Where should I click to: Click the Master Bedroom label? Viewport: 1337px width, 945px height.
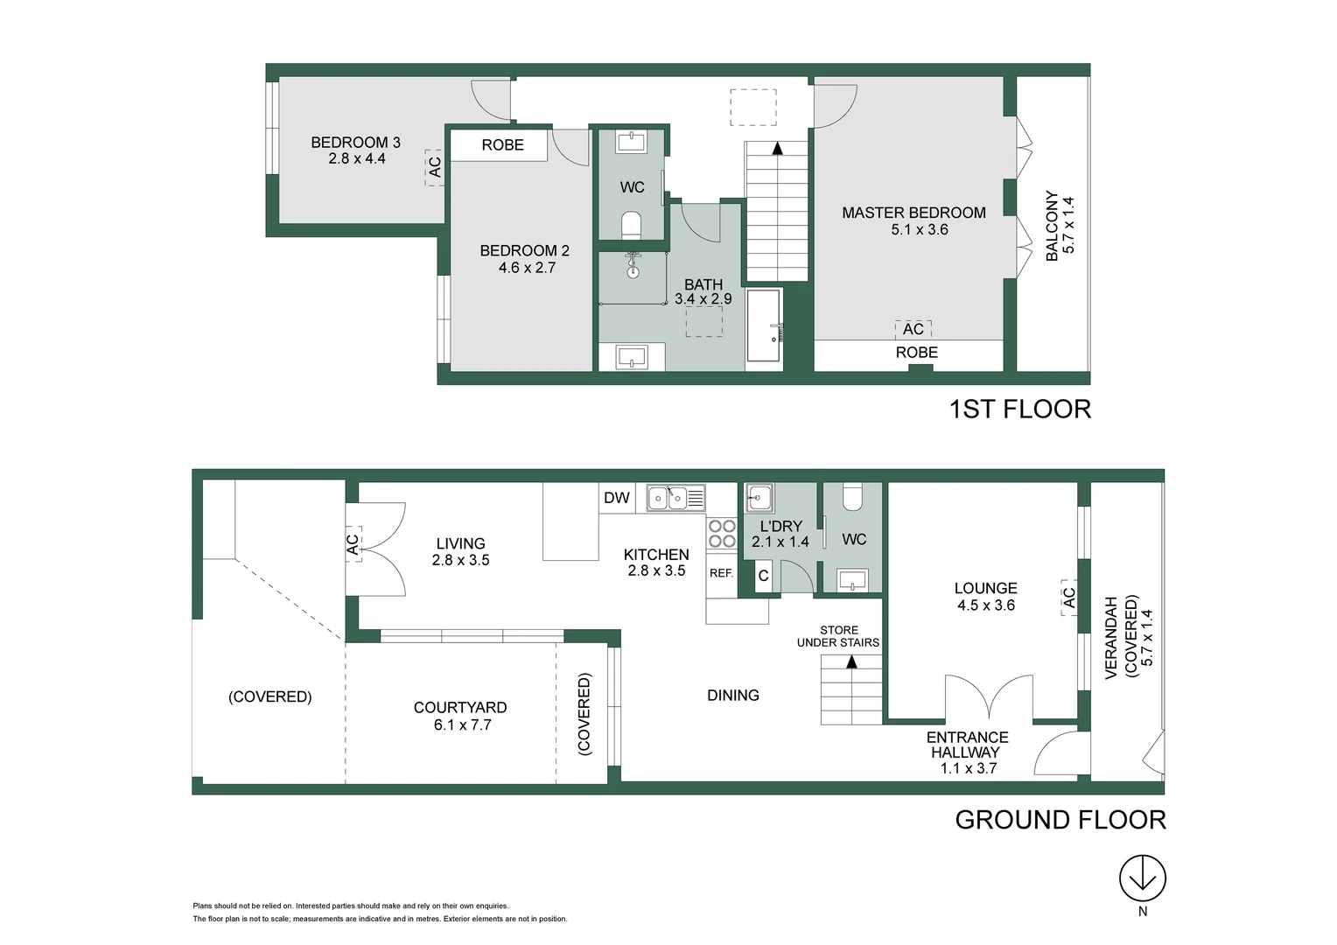point(913,213)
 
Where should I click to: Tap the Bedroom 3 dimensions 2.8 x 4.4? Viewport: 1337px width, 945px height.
point(357,158)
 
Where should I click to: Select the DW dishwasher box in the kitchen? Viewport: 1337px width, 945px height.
point(617,498)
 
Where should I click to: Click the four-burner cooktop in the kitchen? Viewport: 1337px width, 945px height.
point(722,534)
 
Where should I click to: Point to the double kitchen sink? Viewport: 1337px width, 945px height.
point(675,498)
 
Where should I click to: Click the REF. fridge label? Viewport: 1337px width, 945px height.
point(721,573)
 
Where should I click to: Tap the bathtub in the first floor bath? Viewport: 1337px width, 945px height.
point(764,325)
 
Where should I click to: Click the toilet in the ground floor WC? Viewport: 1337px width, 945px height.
point(851,497)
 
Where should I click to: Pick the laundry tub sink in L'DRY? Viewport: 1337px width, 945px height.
point(759,498)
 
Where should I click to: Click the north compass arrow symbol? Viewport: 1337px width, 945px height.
point(1143,877)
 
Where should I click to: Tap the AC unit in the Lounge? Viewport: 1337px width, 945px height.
point(1068,598)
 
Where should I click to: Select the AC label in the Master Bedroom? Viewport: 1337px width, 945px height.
point(913,329)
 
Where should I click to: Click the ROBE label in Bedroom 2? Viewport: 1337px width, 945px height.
point(502,145)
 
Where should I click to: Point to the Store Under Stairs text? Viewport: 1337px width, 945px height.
point(838,636)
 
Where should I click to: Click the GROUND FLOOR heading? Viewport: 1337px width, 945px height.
point(1060,820)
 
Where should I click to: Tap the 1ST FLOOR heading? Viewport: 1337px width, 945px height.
point(1020,409)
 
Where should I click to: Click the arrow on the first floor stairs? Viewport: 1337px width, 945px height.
point(777,149)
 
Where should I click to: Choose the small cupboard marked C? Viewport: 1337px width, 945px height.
point(763,577)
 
